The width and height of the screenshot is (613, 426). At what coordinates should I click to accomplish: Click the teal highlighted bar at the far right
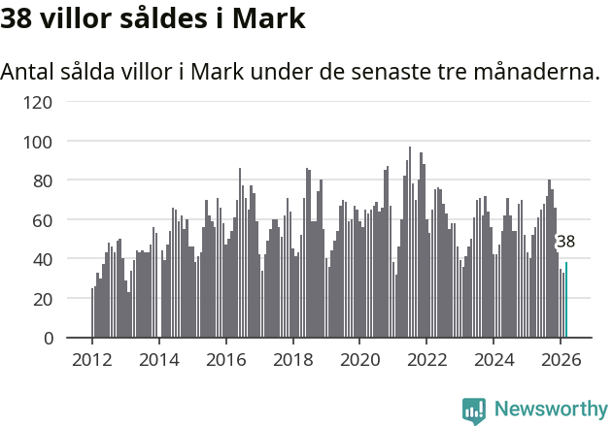(566, 301)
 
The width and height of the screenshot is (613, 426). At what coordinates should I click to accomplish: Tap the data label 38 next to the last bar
(565, 242)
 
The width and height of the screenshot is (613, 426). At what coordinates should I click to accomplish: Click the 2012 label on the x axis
(92, 358)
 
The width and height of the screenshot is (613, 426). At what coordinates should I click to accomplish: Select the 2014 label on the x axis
(159, 358)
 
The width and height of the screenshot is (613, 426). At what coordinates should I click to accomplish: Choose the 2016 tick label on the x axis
(226, 358)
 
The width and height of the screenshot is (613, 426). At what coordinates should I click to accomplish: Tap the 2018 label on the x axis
(292, 358)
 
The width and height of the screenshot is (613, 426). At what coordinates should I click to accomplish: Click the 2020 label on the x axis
(359, 358)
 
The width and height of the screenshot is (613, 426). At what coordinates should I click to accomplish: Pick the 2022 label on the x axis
(426, 358)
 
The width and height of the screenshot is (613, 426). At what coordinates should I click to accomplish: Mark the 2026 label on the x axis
(561, 358)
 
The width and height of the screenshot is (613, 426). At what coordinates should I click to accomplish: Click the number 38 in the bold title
(17, 18)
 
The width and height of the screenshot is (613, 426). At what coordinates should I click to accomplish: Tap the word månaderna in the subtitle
(540, 73)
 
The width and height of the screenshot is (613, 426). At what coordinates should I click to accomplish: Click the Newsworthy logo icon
(474, 410)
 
